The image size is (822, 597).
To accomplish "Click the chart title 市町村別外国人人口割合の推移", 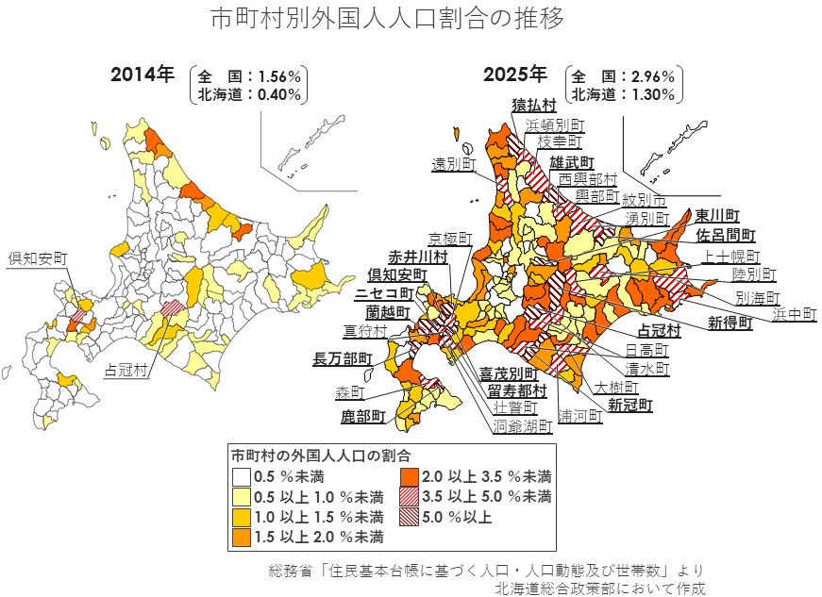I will click(x=387, y=18).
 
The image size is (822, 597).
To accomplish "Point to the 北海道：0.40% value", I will click(x=249, y=94).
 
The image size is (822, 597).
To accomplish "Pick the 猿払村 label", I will click(x=533, y=105).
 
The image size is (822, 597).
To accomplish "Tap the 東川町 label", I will click(x=717, y=216).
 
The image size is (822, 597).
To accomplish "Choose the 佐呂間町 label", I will click(x=727, y=235).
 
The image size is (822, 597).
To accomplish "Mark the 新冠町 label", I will click(x=629, y=406).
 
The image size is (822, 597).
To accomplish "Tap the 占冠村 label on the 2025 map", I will click(x=660, y=331).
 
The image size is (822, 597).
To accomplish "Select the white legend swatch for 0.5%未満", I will click(x=243, y=476).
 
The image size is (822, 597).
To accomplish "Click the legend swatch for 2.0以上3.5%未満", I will click(x=409, y=476).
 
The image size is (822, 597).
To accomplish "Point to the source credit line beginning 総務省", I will click(x=485, y=571).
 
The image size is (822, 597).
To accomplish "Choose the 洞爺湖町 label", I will click(x=522, y=426).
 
